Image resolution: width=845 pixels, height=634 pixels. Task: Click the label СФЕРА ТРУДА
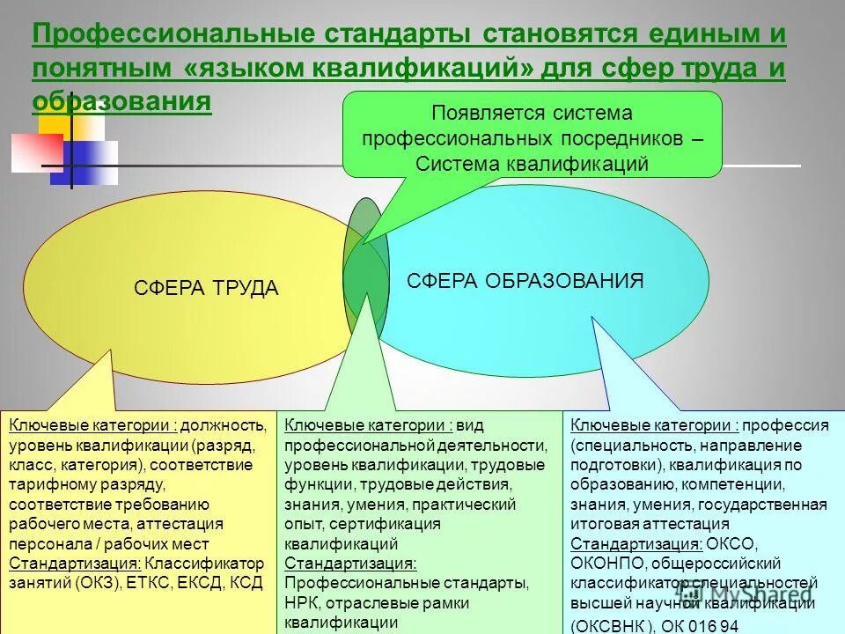[x=206, y=288]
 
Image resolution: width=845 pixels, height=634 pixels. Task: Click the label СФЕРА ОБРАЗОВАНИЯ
[x=525, y=281]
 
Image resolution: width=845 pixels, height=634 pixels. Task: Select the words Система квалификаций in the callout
[x=532, y=164]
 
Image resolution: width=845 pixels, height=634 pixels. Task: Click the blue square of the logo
[x=84, y=165]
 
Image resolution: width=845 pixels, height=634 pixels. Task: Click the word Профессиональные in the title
[x=173, y=35]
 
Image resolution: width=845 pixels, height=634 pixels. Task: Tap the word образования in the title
[x=121, y=100]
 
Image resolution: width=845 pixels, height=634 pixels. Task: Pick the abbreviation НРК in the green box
[x=303, y=603]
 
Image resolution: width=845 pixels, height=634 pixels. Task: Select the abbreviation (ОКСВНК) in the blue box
[x=613, y=626]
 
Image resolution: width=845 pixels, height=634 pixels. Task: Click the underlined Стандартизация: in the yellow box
[x=75, y=564]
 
